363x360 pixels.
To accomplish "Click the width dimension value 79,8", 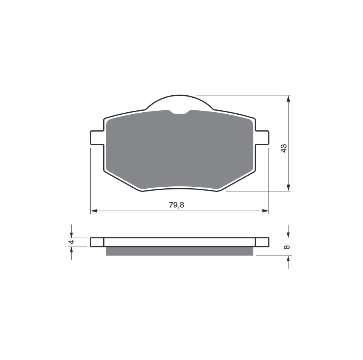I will pos(177,205).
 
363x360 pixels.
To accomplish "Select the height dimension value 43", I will pos(284,148).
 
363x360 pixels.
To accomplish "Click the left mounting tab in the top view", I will pos(97,137).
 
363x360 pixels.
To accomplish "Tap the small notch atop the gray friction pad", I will pos(180,112).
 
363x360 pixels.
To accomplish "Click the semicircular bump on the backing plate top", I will pos(180,102).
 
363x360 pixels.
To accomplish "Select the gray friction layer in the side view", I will pos(179,251).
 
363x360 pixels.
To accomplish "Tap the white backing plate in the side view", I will pos(179,242).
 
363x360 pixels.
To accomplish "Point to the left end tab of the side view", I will pos(97,242).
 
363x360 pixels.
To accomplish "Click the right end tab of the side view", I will pos(262,242).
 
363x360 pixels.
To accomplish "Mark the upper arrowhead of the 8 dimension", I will pos(289,235).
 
